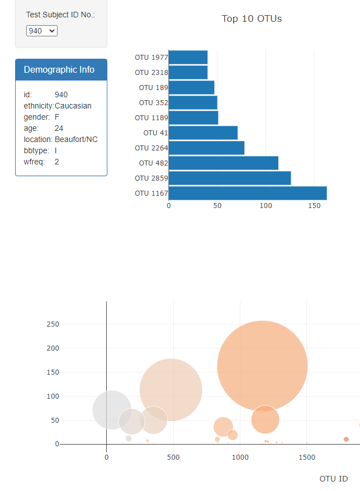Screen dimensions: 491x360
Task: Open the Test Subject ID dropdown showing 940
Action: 42,31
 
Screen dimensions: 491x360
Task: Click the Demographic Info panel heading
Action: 59,70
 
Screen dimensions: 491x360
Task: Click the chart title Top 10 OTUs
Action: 252,19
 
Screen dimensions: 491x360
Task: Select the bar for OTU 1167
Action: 247,193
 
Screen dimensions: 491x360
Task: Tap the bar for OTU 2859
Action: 229,178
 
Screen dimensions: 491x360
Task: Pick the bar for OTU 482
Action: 223,163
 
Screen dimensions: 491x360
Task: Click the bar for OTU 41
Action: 203,133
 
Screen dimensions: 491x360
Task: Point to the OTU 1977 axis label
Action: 150,57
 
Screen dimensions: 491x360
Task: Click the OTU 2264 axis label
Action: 150,148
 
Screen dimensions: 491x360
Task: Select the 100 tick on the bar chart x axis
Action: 266,206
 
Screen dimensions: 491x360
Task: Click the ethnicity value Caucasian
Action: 73,106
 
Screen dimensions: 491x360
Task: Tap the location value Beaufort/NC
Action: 76,139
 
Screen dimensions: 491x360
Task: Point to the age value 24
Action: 59,128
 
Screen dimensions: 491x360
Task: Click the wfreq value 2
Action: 57,162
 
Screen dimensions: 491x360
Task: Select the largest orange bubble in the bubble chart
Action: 262,366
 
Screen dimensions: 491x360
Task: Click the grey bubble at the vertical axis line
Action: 112,410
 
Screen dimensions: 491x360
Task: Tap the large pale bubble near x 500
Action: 170,390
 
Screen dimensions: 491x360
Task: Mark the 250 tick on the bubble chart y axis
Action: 53,324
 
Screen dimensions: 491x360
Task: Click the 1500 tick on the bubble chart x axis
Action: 307,457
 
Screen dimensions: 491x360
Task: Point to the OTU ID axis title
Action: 333,479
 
